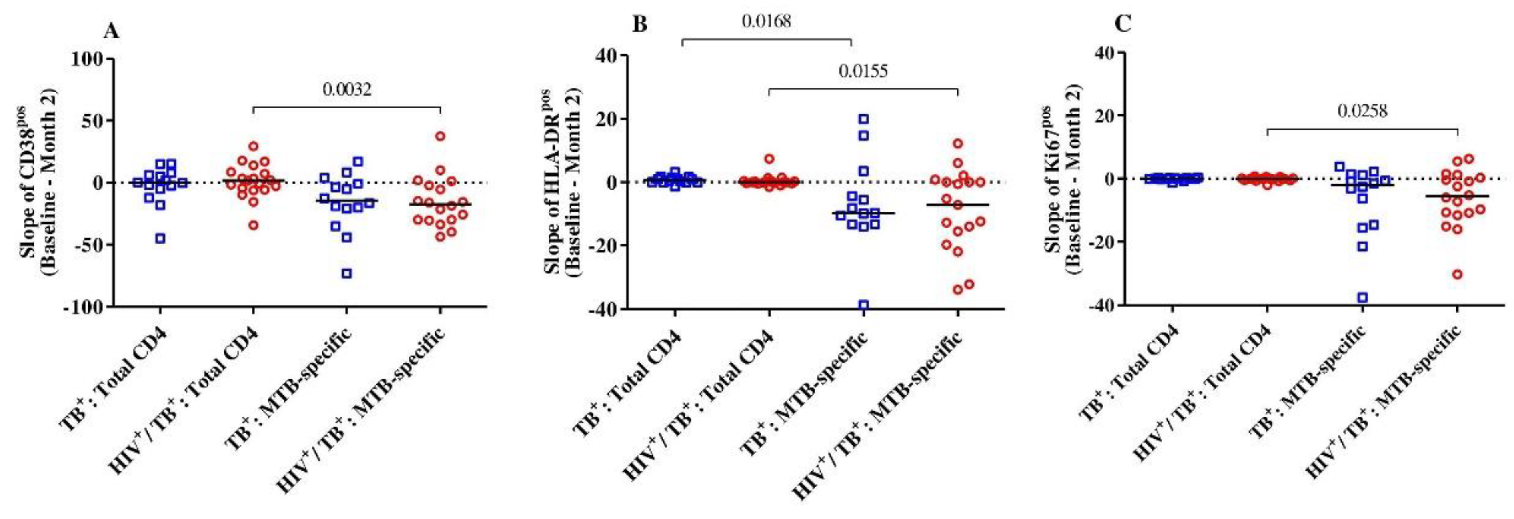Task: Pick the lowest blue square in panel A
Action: [347, 273]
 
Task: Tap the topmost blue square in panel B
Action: [864, 119]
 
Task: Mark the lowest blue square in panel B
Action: [864, 305]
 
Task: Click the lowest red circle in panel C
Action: [1458, 274]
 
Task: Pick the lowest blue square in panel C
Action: [1358, 297]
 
